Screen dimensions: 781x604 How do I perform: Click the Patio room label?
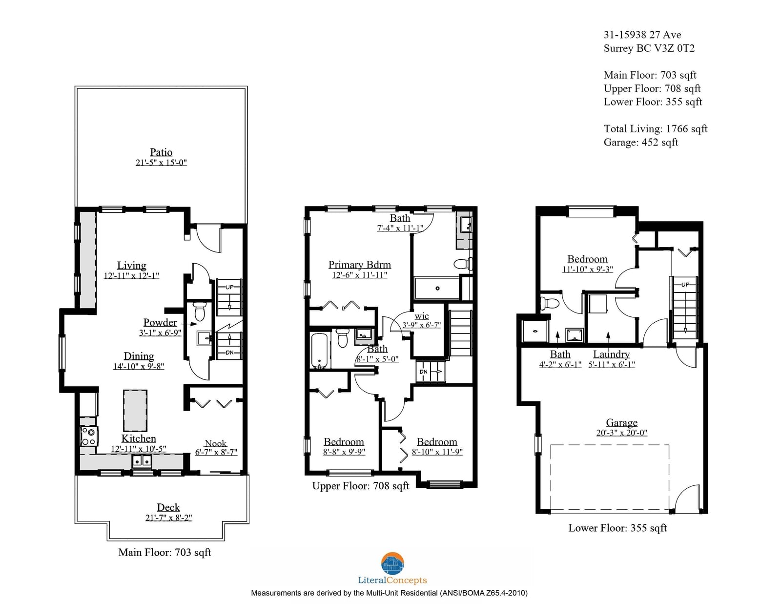pos(161,152)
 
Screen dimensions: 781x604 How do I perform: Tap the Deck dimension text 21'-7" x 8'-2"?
pos(168,518)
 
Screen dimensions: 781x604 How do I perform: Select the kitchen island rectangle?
pos(135,410)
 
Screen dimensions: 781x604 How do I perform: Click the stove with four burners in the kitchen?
pos(89,436)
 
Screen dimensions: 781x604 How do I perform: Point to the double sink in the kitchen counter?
pos(142,461)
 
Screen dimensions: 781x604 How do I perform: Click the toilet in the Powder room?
pos(200,311)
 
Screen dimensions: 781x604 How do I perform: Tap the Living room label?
pos(131,265)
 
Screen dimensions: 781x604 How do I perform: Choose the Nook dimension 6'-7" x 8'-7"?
pos(216,452)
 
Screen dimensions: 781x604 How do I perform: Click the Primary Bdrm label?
pos(359,265)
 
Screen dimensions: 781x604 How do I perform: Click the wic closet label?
pos(422,316)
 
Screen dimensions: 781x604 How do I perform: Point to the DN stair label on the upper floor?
pos(424,372)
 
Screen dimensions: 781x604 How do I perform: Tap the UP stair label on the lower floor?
pos(685,284)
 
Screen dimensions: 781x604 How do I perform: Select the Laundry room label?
pos(611,354)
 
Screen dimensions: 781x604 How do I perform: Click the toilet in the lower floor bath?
pos(550,303)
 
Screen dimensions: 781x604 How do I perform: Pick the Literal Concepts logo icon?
pos(392,563)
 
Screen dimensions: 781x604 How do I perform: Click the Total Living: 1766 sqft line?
pos(656,129)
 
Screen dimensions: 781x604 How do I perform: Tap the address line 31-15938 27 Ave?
pos(642,35)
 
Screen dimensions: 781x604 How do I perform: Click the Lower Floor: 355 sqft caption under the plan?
pos(617,528)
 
